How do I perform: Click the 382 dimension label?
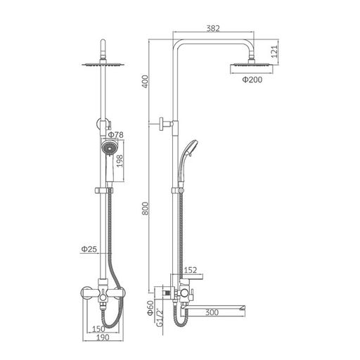(213, 28)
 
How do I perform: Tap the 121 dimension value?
(274, 51)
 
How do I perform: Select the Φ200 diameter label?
(252, 79)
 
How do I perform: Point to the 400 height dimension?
(146, 82)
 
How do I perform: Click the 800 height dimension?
(146, 209)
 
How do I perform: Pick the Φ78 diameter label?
(116, 135)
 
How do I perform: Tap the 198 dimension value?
(120, 161)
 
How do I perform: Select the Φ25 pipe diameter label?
(89, 249)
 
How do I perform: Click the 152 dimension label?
(191, 270)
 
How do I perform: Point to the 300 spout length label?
(212, 312)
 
